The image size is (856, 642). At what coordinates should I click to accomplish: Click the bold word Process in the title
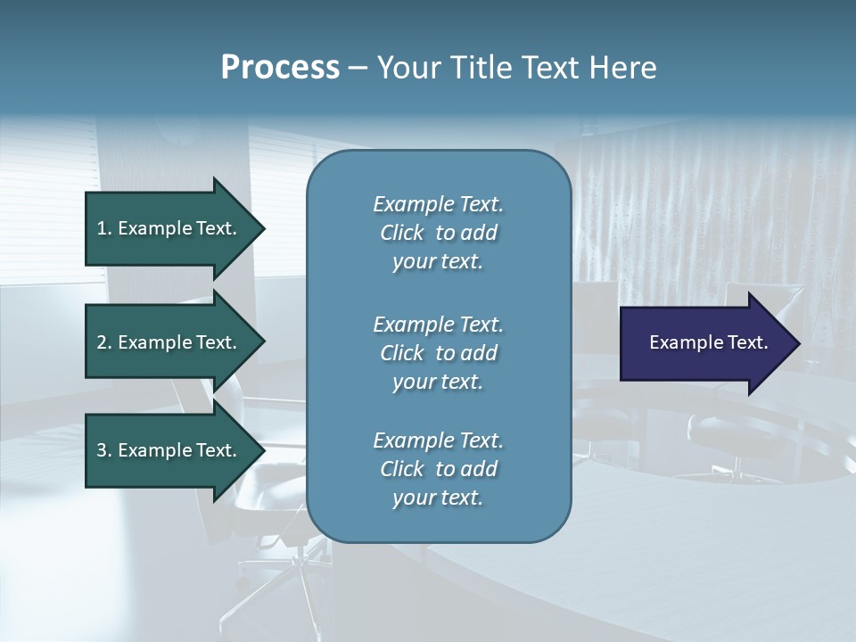(280, 68)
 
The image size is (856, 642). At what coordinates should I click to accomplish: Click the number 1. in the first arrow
(104, 228)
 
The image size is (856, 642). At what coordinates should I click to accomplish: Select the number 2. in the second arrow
(104, 342)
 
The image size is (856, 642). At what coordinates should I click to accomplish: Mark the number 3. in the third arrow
(104, 450)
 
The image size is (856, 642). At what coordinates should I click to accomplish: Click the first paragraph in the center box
(438, 233)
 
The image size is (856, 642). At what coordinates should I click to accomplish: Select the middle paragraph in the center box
(438, 353)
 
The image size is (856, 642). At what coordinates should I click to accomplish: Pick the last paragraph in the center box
(438, 469)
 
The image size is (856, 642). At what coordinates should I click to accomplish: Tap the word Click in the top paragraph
(402, 233)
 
